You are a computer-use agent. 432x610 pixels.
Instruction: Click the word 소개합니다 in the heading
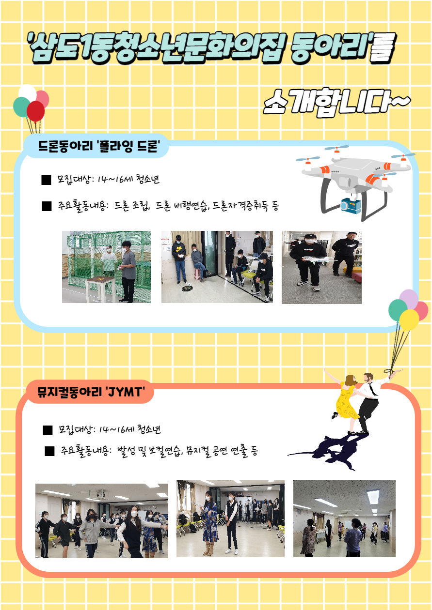pyautogui.click(x=327, y=102)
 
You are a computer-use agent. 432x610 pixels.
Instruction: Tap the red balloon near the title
pyautogui.click(x=35, y=111)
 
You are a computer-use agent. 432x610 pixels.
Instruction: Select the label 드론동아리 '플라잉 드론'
pyautogui.click(x=99, y=146)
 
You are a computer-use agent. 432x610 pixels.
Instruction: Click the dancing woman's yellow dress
pyautogui.click(x=346, y=402)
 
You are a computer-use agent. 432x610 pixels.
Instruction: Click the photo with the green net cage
pyautogui.click(x=106, y=267)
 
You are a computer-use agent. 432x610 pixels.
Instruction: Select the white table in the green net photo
pyautogui.click(x=100, y=289)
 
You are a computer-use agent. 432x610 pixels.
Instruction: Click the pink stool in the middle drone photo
pyautogui.click(x=197, y=273)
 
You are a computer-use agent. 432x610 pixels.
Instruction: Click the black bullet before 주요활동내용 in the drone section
pyautogui.click(x=47, y=206)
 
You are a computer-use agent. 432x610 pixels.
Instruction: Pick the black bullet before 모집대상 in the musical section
pyautogui.click(x=48, y=430)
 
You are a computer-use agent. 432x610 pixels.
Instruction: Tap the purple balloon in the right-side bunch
pyautogui.click(x=409, y=298)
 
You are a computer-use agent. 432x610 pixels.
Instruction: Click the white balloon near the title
pyautogui.click(x=28, y=92)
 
